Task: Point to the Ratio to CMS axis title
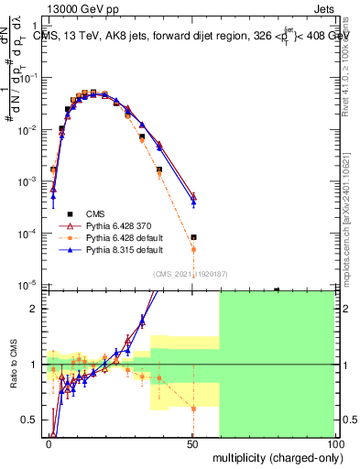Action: [14, 365]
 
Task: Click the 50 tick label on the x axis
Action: [192, 442]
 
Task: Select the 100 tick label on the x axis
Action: [334, 442]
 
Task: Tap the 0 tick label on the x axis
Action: [49, 442]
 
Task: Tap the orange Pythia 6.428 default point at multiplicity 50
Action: [193, 248]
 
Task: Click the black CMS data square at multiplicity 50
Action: [193, 237]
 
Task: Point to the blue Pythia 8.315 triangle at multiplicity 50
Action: [193, 202]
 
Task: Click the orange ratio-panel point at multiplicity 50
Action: [193, 409]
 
